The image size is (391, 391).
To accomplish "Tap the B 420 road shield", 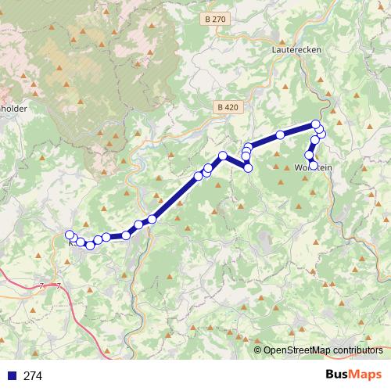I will [228, 106].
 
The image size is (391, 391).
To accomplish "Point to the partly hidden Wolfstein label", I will [314, 167].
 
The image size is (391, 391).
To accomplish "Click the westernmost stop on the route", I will [70, 235].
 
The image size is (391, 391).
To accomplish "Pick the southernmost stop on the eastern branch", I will [314, 165].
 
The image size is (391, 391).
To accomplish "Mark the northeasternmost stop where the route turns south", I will [316, 124].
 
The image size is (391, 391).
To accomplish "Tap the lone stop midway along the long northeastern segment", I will [280, 135].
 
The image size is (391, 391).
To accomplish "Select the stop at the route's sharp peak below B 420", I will [223, 156].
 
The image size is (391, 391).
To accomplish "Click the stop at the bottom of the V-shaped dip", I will [249, 168].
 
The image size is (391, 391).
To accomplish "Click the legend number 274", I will [33, 376].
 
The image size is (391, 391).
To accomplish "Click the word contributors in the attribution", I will [358, 350].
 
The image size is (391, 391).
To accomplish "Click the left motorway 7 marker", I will [41, 286].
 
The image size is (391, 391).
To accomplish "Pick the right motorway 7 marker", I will [57, 286].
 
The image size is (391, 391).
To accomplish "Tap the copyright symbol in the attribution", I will [257, 350].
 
